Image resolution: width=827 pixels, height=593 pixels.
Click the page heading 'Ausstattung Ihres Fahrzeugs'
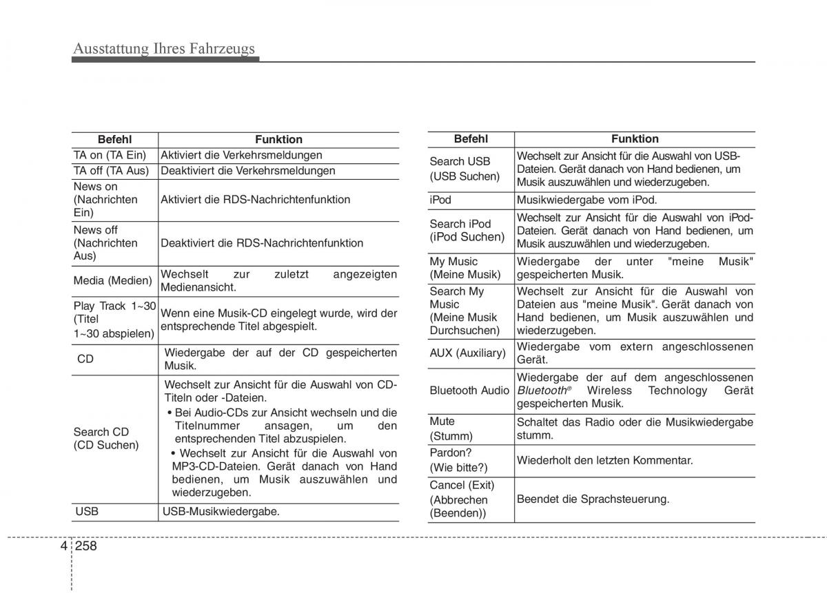(x=164, y=48)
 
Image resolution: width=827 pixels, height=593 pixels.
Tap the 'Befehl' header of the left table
(x=114, y=139)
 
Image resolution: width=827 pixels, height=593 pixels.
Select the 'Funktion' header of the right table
(x=635, y=138)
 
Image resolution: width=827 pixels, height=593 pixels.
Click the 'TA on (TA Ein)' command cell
(x=110, y=156)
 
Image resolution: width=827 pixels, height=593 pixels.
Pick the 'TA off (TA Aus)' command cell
(x=111, y=171)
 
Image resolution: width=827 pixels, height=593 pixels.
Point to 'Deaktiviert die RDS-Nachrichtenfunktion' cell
(x=262, y=243)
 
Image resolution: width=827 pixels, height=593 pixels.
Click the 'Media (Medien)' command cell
(x=112, y=280)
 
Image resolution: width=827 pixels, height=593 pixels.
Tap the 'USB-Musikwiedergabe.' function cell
(x=221, y=511)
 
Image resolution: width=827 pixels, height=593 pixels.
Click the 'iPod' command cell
(x=440, y=200)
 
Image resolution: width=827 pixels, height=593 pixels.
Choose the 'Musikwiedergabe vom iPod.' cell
(x=587, y=200)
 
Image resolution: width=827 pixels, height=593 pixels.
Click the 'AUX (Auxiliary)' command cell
(x=467, y=353)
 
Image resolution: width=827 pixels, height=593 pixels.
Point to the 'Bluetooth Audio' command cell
(x=469, y=391)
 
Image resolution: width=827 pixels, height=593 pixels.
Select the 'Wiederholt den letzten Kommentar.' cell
(x=605, y=460)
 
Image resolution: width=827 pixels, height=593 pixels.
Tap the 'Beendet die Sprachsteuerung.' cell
(x=593, y=499)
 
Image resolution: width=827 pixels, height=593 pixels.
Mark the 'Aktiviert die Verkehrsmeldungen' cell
(x=241, y=156)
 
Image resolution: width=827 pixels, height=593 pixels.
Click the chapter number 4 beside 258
(x=63, y=546)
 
